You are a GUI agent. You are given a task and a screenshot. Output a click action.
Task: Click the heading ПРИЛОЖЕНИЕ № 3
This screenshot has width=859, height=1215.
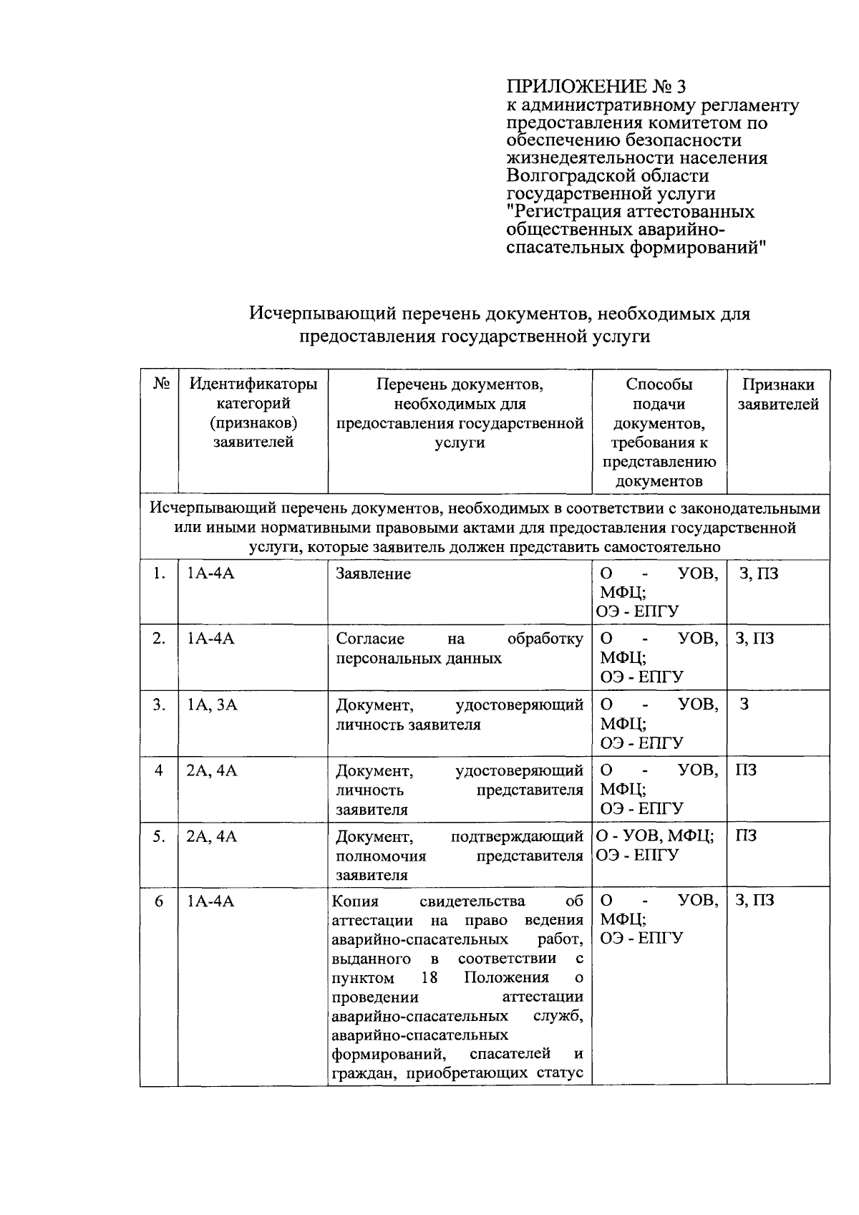pos(596,87)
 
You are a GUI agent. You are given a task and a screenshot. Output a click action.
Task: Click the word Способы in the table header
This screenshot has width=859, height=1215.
pos(659,384)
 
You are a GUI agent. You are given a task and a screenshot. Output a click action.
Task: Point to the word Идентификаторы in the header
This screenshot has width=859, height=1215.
pos(253,384)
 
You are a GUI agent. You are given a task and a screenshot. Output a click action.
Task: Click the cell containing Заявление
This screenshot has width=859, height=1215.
pos(374,573)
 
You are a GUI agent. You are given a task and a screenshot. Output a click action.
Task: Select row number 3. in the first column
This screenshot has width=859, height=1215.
pos(159,705)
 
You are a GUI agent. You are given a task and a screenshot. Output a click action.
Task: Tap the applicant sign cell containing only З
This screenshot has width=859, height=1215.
pos(744,705)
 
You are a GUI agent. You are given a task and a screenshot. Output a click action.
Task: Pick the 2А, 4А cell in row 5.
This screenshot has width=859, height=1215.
pos(212,836)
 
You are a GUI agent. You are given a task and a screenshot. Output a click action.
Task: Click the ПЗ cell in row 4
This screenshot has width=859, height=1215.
pos(746,770)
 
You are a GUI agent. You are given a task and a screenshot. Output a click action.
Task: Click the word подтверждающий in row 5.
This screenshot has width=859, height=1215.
pos(517,836)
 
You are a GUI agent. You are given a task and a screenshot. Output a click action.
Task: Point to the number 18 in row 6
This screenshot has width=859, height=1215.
pos(429,978)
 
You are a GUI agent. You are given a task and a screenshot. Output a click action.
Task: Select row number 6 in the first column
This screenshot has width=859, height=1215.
pos(159,901)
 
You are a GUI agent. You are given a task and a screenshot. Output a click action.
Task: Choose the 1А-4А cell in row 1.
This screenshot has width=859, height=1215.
pos(210,573)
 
